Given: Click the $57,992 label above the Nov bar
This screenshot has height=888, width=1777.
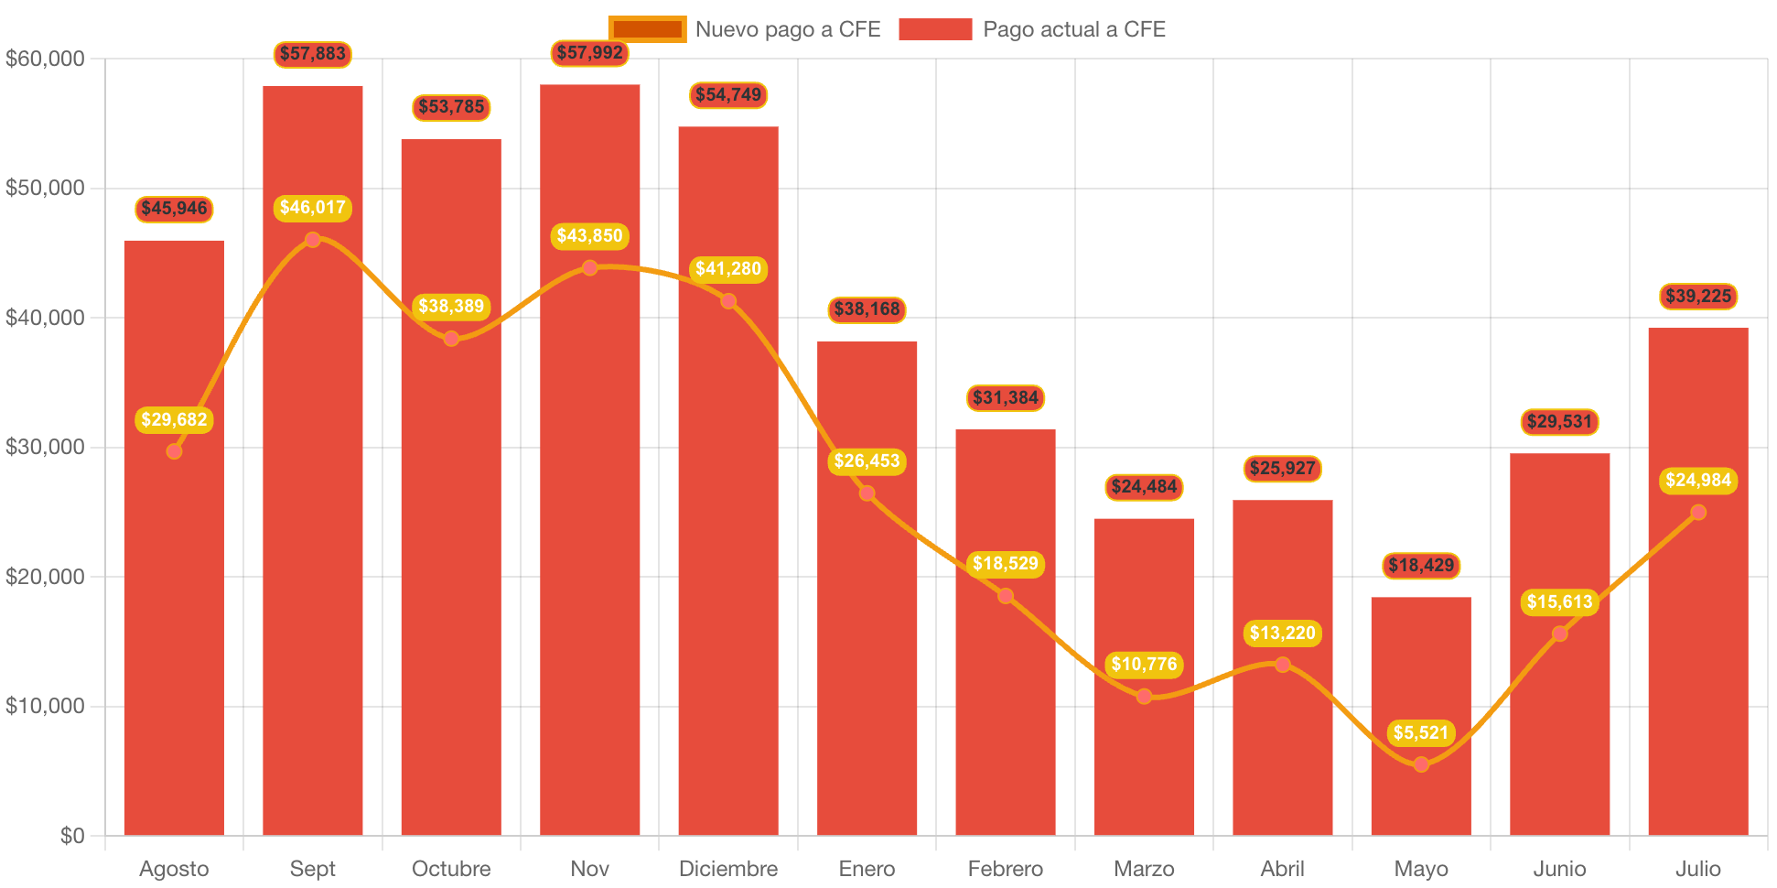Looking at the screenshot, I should click(x=589, y=53).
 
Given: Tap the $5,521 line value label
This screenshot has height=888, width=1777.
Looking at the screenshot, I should click(x=1420, y=732).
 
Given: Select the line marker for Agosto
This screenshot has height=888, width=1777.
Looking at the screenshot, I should click(x=174, y=450).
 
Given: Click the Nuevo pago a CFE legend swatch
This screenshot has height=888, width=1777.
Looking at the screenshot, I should click(x=647, y=29).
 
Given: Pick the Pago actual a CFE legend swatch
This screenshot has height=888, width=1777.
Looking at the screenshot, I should click(x=935, y=29).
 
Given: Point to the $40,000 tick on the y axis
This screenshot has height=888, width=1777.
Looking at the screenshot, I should click(x=45, y=318).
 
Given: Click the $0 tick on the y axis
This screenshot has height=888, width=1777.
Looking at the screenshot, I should click(x=71, y=835).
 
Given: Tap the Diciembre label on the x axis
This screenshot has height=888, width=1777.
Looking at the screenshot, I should click(x=727, y=868).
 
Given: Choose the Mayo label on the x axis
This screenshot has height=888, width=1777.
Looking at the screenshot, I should click(x=1420, y=868).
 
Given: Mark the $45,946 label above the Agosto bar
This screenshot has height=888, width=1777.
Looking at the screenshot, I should click(x=174, y=209).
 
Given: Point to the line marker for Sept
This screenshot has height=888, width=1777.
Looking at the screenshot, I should click(x=313, y=240).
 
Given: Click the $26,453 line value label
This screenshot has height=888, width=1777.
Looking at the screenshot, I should click(x=867, y=460).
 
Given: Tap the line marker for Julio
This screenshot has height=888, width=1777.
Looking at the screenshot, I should click(x=1698, y=512).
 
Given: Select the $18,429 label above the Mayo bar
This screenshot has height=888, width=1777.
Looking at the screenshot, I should click(x=1420, y=565).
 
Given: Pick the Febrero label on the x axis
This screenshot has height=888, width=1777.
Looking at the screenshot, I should click(x=1005, y=868).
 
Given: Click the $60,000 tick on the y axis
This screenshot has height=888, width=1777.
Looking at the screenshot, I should click(x=45, y=59).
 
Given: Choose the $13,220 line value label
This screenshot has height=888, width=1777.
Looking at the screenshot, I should click(x=1282, y=633).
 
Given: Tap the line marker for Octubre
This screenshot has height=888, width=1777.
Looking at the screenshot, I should click(x=451, y=339).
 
